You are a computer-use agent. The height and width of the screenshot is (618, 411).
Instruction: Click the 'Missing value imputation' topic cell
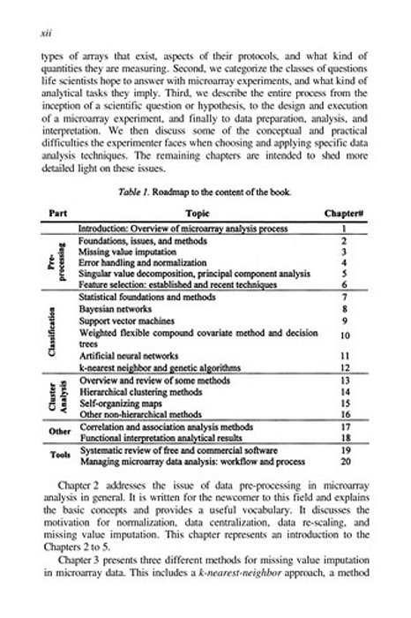tap(132, 251)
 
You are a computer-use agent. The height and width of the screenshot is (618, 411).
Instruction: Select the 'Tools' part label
tap(56, 454)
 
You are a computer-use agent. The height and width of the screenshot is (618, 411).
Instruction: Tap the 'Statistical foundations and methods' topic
tap(153, 300)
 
